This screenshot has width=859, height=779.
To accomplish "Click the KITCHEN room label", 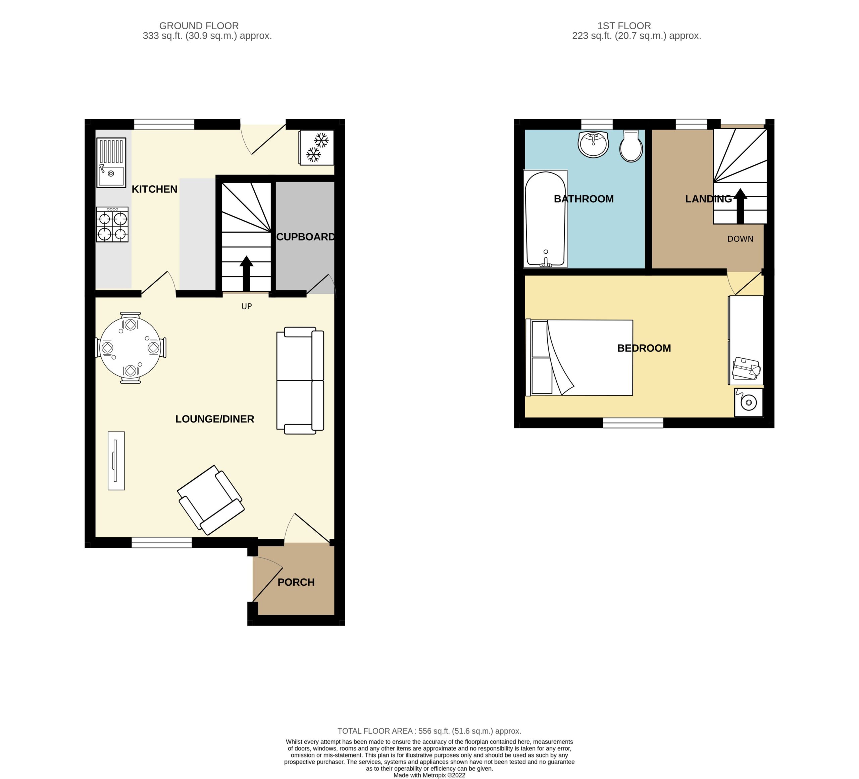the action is click(154, 189).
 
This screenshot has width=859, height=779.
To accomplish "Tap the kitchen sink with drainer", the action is click(111, 162).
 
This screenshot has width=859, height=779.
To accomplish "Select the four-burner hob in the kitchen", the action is click(112, 225).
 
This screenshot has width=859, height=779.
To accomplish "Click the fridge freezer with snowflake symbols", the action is click(316, 147).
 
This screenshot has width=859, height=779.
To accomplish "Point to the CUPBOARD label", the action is click(305, 237).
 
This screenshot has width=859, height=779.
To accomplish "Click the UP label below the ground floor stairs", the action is click(247, 306).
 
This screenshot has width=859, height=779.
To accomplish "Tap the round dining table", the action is click(131, 348).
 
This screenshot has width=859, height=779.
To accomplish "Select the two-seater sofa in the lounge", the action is click(300, 381).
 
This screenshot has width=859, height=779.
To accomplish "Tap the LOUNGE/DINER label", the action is click(215, 419).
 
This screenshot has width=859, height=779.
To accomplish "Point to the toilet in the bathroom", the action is click(631, 146).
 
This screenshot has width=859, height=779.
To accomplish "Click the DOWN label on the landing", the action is click(740, 239).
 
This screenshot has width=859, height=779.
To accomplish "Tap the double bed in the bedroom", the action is click(579, 357).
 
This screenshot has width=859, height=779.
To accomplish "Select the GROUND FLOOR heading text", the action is click(199, 26).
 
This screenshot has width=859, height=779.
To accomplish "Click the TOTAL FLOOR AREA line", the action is click(429, 731).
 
